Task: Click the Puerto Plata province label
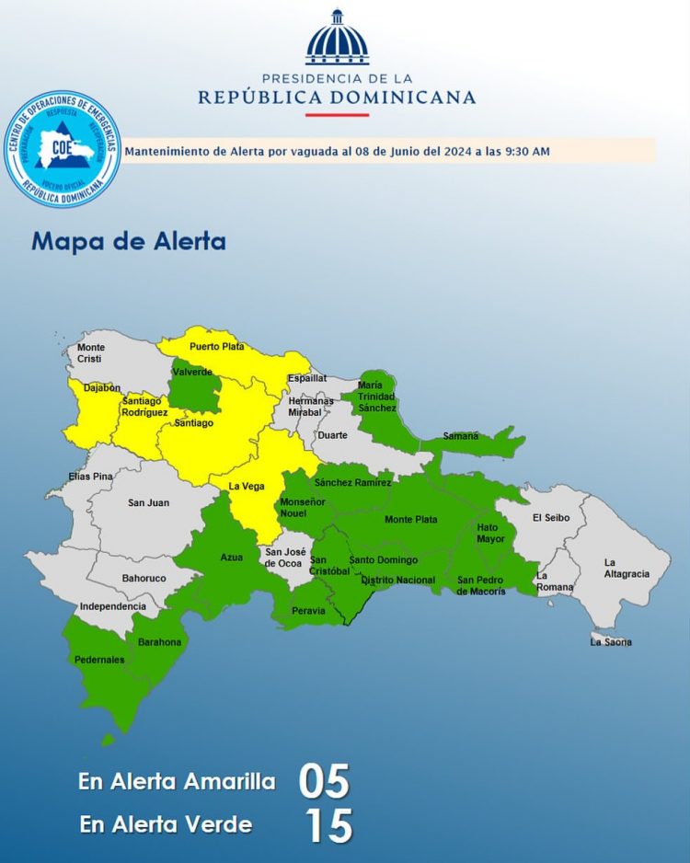point(216,347)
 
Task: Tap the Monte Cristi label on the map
point(91,352)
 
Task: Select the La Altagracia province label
point(627,568)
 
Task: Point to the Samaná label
point(461,436)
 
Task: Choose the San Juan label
point(148,502)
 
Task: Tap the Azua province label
point(232,558)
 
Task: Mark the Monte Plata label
point(410,520)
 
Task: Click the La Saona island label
point(611,642)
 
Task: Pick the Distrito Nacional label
point(397,580)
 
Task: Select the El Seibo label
point(551,518)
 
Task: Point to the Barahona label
point(160,642)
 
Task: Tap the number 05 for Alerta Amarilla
point(324,782)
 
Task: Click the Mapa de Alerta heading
point(128,242)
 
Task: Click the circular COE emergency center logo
point(63,148)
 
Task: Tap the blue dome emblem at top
point(337,38)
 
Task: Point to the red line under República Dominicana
point(337,115)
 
